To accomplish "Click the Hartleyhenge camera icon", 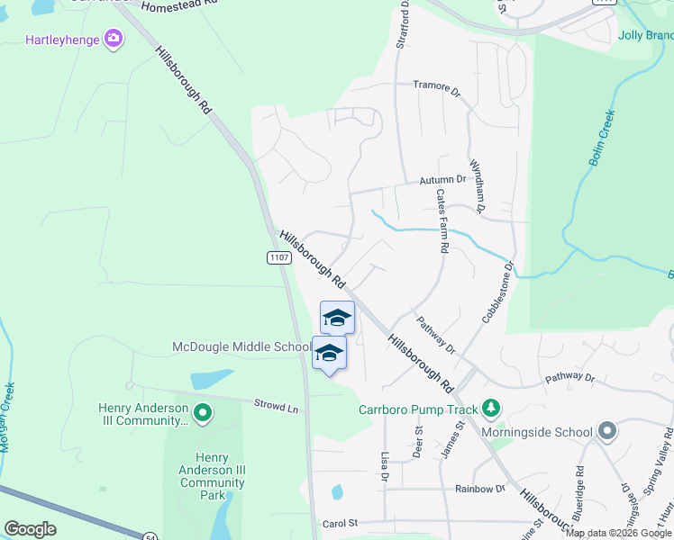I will pos(114,38).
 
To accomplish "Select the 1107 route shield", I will pos(278,257).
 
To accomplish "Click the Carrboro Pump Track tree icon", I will pos(490,409).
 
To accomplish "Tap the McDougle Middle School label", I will pos(241,347).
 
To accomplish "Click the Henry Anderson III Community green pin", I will pos(202,414).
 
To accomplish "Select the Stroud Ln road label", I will pos(276,407).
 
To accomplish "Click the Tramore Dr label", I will pos(436,87).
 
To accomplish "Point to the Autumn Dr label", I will pos(442,180).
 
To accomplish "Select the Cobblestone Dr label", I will pos(497,292).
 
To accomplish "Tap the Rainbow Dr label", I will pos(480,489).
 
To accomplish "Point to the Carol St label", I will pos(340,523).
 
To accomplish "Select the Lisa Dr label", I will pos(385,466).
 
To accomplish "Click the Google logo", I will pos(30,529).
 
